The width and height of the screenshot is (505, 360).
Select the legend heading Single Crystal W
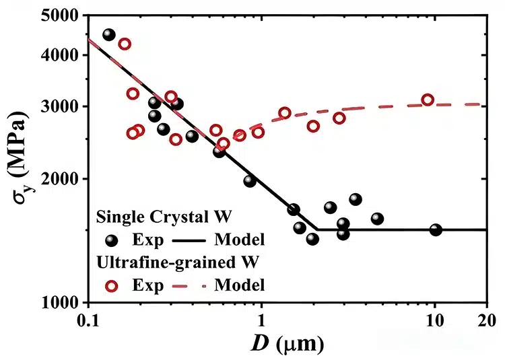[164, 217]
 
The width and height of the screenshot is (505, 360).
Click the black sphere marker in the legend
[112, 240]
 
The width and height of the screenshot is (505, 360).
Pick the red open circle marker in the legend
[112, 285]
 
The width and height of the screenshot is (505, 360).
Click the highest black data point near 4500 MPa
[109, 35]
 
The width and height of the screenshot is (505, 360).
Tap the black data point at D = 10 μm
[436, 229]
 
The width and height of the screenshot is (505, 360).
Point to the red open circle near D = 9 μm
[428, 100]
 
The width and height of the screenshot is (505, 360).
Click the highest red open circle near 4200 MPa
[125, 44]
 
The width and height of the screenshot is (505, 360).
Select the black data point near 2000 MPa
[250, 181]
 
